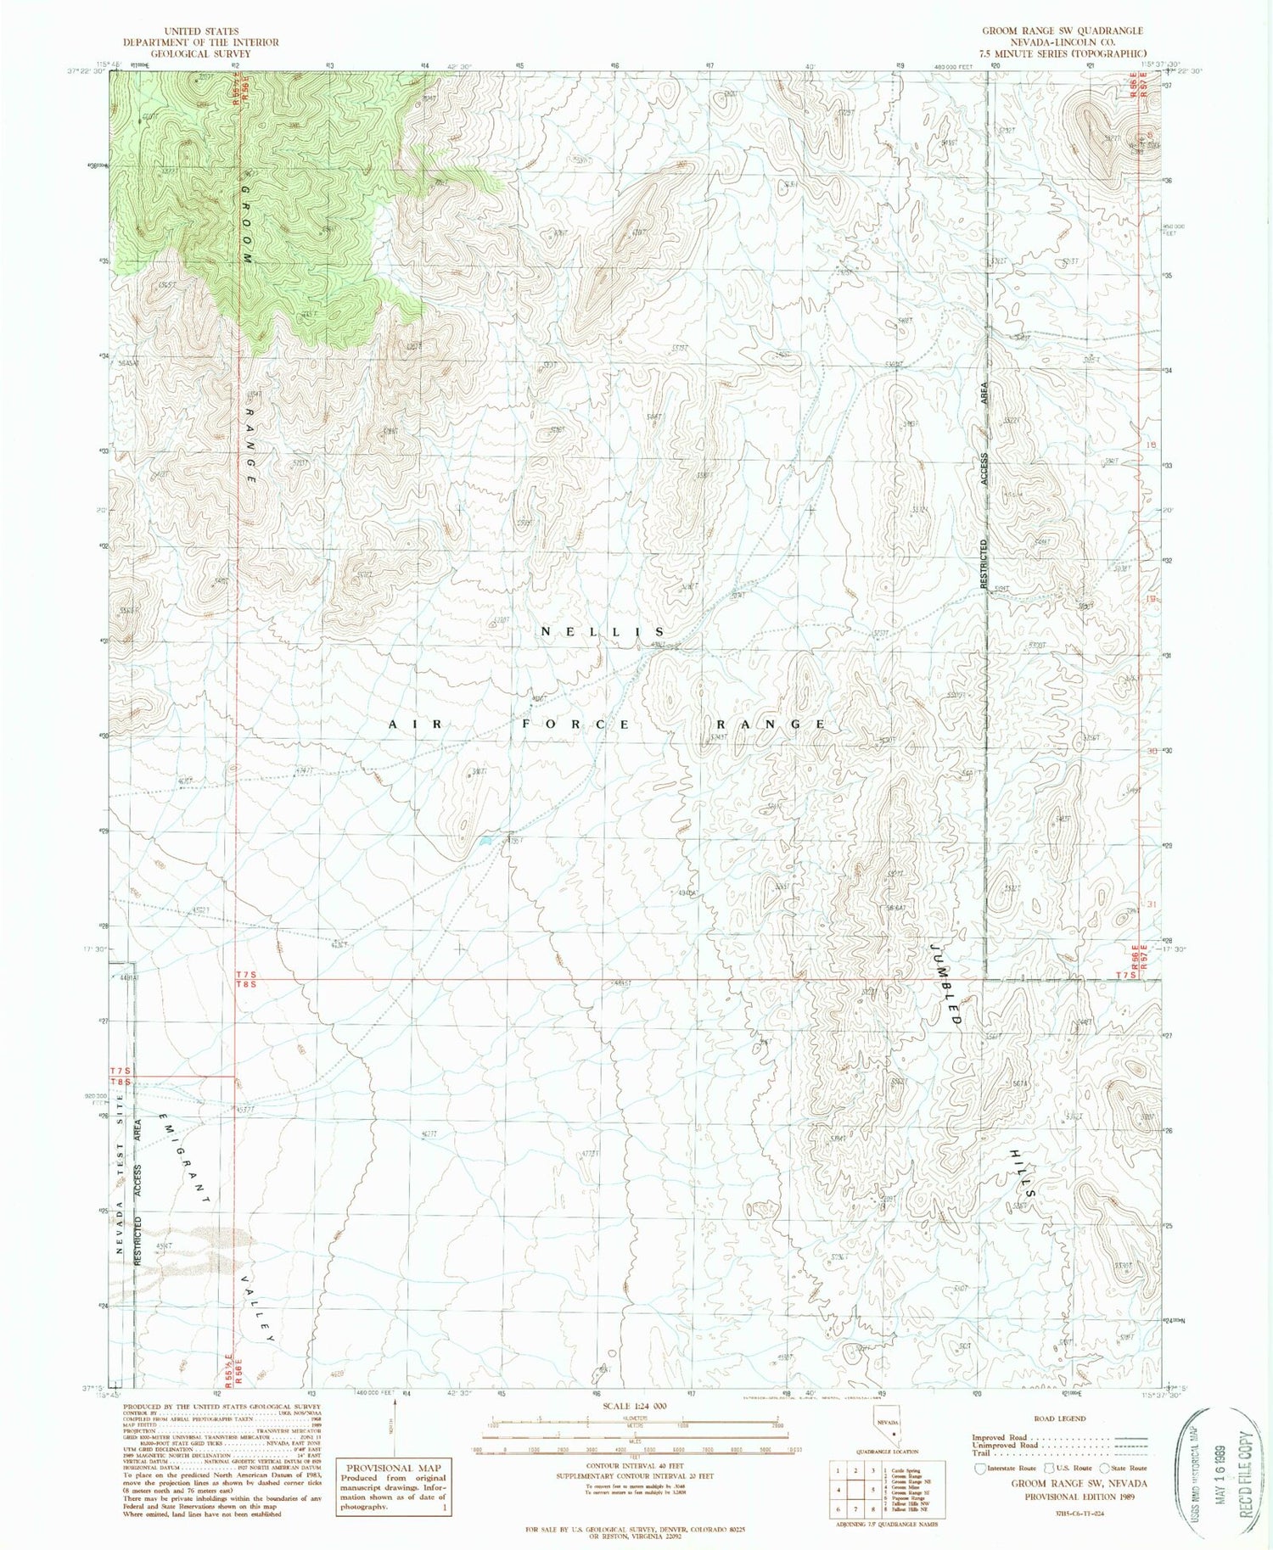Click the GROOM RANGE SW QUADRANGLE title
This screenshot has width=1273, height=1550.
tap(1062, 31)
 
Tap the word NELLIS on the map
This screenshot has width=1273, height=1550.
tap(603, 632)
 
